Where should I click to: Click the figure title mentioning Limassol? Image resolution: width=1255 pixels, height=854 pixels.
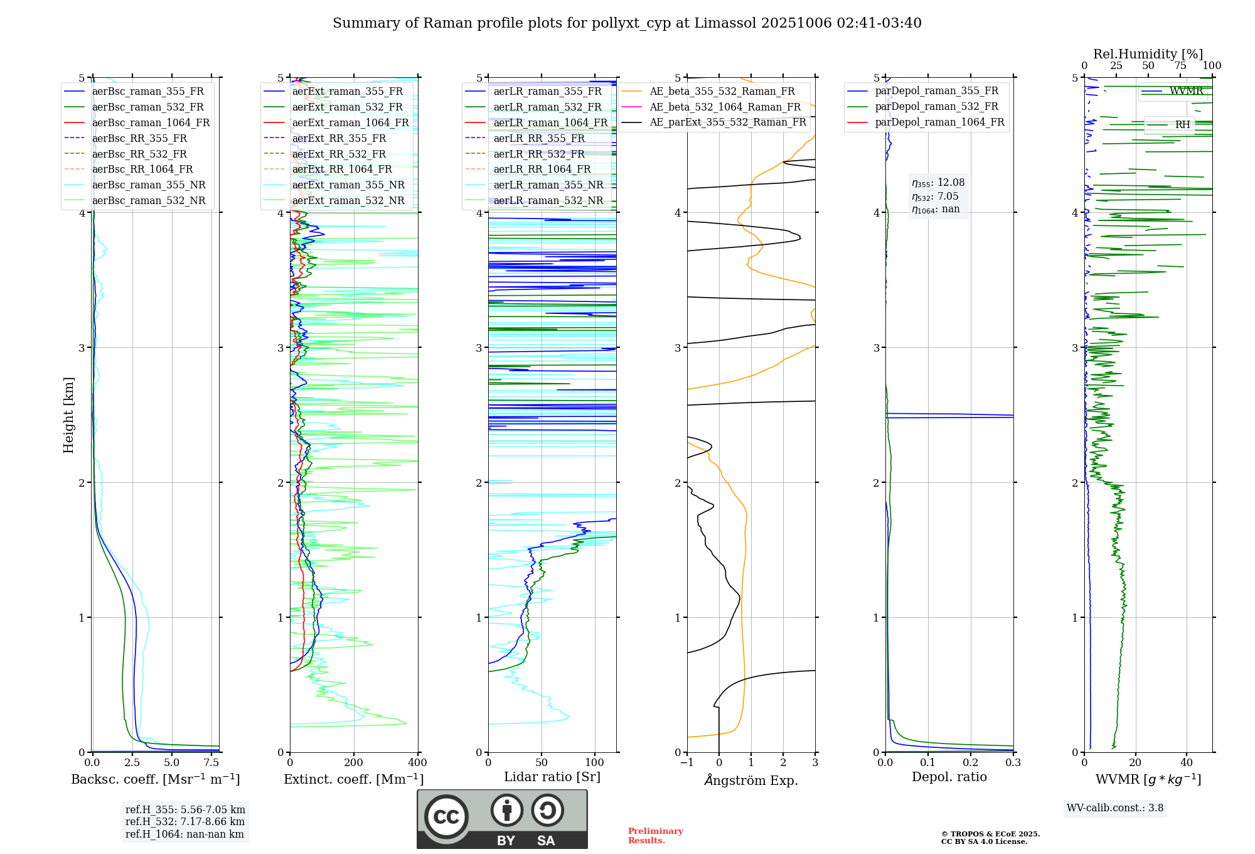(x=627, y=23)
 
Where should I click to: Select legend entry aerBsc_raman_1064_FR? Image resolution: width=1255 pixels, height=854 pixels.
(x=151, y=122)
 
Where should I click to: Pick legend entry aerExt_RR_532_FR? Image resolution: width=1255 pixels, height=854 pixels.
(x=339, y=154)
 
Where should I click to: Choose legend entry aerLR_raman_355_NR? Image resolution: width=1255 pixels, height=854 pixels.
(x=548, y=185)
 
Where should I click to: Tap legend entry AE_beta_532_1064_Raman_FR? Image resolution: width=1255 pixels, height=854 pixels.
(x=725, y=107)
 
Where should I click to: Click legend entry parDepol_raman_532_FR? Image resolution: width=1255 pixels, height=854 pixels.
(x=936, y=106)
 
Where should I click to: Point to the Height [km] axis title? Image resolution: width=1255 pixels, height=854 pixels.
(x=68, y=415)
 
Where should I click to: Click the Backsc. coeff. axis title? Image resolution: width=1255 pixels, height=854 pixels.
(x=155, y=779)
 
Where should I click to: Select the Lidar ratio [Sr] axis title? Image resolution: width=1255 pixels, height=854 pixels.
(x=552, y=777)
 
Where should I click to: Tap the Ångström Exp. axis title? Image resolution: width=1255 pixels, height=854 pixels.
(x=750, y=780)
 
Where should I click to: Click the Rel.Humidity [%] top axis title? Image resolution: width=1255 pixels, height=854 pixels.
(x=1148, y=54)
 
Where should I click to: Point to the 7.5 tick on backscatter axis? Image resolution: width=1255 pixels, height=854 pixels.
(x=211, y=763)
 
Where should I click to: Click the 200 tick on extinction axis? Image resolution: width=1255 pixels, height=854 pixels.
(x=353, y=763)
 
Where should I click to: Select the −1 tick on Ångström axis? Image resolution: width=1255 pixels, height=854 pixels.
(x=686, y=763)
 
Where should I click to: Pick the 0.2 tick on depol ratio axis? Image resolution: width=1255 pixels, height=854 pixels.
(x=970, y=763)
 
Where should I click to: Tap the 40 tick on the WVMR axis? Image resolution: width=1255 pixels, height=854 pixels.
(x=1186, y=763)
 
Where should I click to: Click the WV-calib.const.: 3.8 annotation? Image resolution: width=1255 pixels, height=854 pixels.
(x=1114, y=808)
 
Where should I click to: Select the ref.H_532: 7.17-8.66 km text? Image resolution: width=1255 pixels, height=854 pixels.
(x=185, y=821)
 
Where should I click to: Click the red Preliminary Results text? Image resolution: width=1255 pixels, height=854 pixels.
(x=655, y=836)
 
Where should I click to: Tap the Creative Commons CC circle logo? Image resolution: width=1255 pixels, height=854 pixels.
(x=446, y=816)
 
